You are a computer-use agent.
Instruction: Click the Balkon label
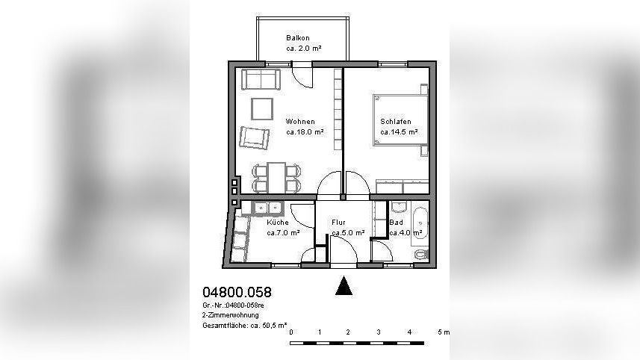(297, 38)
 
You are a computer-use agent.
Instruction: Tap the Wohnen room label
(300, 122)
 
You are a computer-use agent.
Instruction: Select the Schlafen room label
(396, 122)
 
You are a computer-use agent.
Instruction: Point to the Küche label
(278, 223)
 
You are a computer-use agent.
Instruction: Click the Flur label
(338, 223)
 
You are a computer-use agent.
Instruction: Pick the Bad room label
(396, 223)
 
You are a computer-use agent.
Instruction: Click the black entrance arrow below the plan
(344, 285)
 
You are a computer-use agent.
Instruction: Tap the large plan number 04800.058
(237, 292)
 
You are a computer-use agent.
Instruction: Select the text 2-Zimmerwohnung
(231, 315)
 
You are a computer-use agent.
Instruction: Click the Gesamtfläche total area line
(244, 326)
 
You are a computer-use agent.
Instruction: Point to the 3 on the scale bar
(379, 332)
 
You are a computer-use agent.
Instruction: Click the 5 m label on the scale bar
(444, 332)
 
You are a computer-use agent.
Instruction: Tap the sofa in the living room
(261, 80)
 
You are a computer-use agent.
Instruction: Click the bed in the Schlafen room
(400, 120)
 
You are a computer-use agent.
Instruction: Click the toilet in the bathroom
(420, 254)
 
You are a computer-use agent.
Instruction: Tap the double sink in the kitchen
(268, 208)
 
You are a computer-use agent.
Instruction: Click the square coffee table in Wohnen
(261, 109)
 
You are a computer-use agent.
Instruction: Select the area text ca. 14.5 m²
(399, 132)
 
